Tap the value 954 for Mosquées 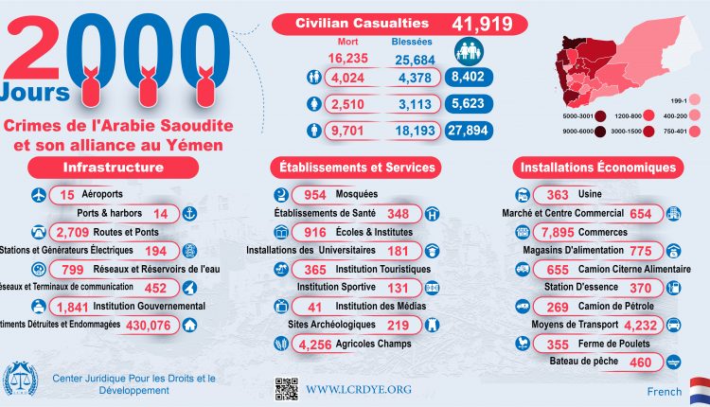pyautogui.click(x=310, y=194)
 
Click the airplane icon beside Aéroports pyautogui.click(x=38, y=195)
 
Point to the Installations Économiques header pyautogui.click(x=599, y=168)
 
